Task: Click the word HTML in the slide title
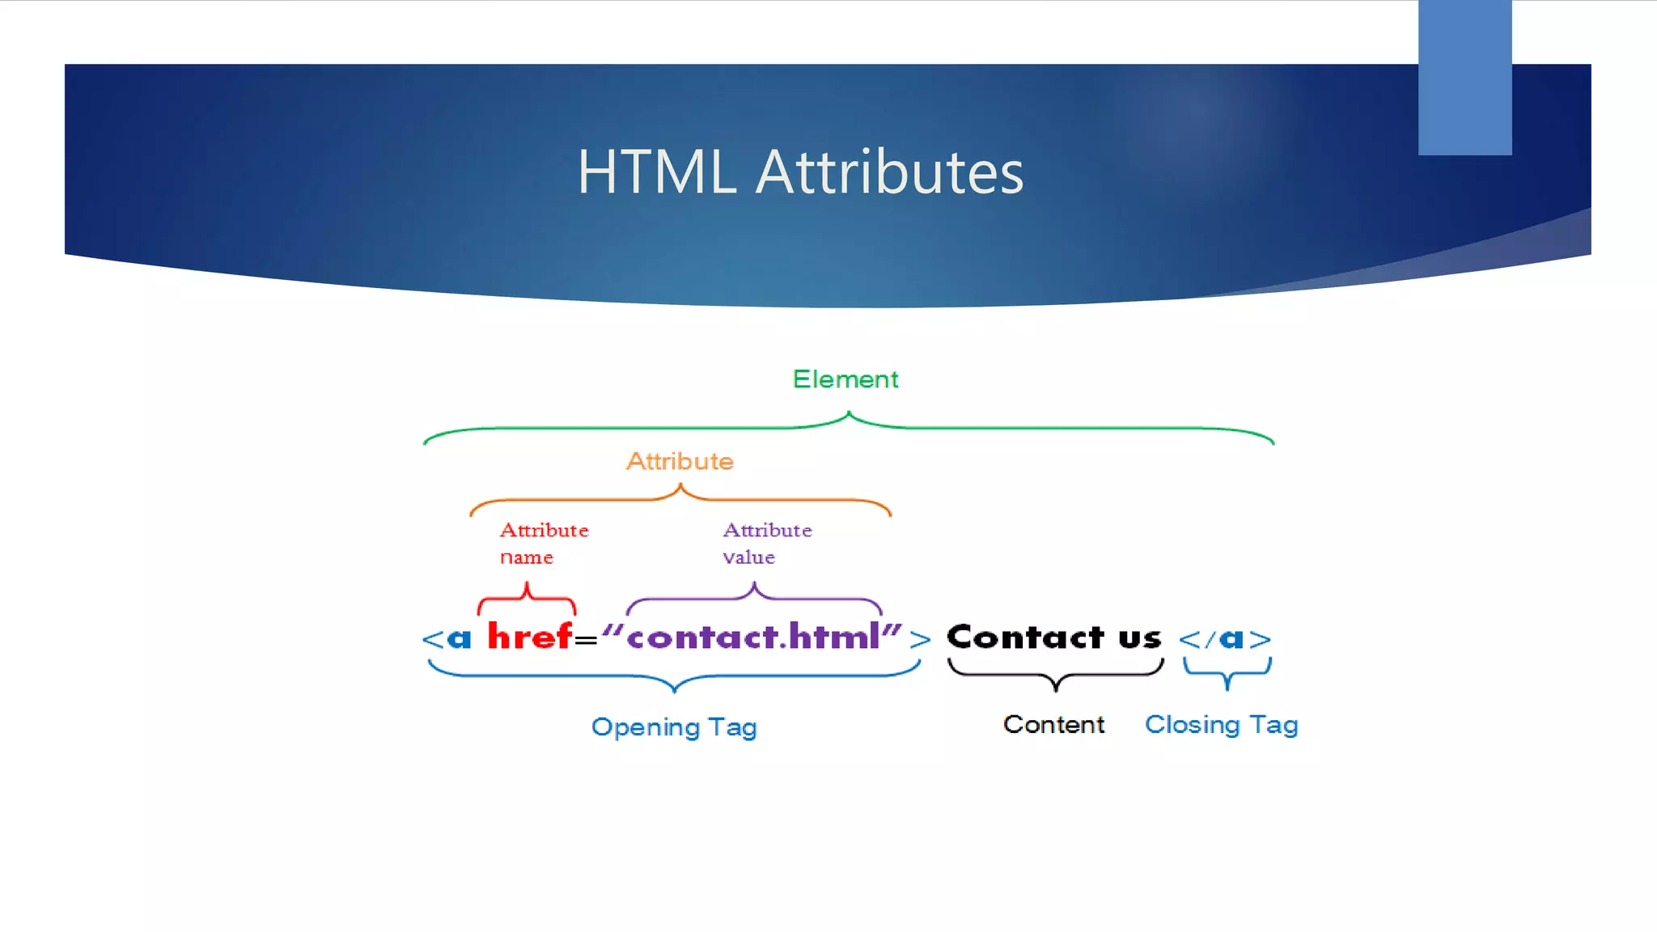(657, 172)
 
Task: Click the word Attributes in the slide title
(889, 172)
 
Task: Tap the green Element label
(845, 379)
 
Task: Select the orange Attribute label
(680, 461)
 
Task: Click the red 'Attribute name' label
(544, 543)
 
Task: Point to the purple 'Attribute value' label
(767, 543)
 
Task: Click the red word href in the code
(530, 637)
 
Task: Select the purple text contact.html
(752, 638)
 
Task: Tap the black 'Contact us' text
(1054, 638)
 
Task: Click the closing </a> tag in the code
(1225, 639)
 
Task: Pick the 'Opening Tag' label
(674, 727)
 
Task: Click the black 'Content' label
(1053, 724)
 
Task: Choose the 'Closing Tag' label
(1221, 724)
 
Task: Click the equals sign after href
(586, 641)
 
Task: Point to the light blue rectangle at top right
(1464, 78)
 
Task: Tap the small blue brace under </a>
(1227, 672)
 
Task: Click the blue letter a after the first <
(459, 639)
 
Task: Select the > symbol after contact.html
(920, 640)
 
